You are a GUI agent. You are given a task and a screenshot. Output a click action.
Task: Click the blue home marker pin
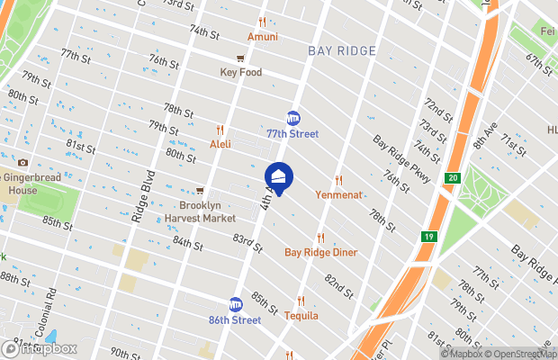(279, 176)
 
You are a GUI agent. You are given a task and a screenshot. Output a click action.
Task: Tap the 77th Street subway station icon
(292, 118)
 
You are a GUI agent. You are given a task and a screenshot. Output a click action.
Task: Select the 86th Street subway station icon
(236, 304)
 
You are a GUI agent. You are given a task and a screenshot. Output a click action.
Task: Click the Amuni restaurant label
(263, 37)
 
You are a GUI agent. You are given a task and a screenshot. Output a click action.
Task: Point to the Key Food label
(239, 72)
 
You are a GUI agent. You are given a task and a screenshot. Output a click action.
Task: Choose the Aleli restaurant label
(220, 144)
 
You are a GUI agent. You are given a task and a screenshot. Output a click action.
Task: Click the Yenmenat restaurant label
(338, 193)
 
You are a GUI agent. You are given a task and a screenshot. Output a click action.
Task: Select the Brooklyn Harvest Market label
(200, 211)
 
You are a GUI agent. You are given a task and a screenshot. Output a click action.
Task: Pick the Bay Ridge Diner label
(320, 252)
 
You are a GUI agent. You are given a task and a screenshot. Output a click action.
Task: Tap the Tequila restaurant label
(301, 316)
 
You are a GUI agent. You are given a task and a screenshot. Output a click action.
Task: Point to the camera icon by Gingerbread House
(22, 163)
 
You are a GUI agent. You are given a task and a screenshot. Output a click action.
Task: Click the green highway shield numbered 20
(452, 179)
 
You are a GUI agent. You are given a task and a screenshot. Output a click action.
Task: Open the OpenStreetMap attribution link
(520, 353)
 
